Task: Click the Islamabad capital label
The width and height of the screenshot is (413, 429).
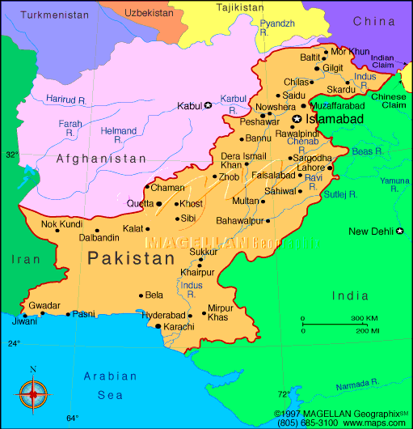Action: pos(334,119)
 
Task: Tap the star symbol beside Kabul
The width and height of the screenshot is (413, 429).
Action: pos(208,105)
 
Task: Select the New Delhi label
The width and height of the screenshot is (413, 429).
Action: pos(370,231)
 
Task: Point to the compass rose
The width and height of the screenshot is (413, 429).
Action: pos(33,394)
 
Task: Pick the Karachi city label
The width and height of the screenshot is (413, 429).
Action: pos(179,326)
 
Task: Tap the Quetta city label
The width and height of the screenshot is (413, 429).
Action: pos(140,203)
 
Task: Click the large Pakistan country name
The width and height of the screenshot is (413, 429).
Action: pos(131,259)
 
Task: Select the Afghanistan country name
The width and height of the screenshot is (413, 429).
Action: pos(102,159)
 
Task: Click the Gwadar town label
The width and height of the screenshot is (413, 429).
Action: pos(44,305)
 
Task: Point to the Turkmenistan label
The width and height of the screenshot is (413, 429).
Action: pos(53,15)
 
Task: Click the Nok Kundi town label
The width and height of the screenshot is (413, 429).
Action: pos(61,223)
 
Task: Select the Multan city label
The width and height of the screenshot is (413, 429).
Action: pos(246,200)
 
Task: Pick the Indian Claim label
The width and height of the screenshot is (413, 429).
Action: pos(382,62)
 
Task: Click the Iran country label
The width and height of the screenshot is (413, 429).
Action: pos(20,259)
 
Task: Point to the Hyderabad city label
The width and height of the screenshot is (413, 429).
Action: pos(163,315)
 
